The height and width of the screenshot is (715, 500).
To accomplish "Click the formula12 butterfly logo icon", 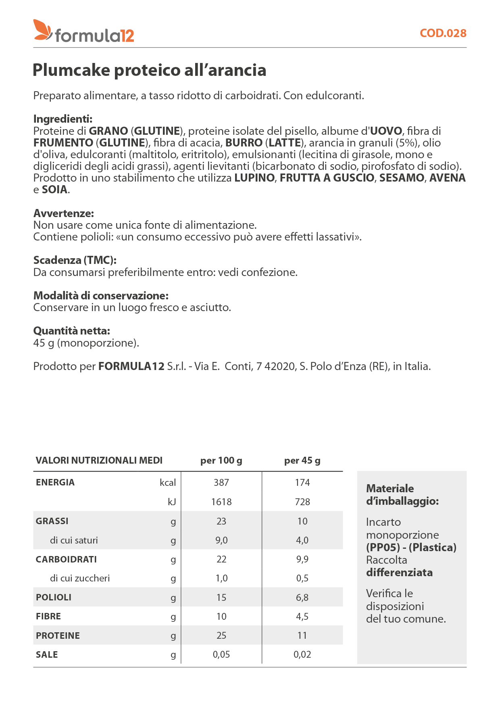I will click(42, 30).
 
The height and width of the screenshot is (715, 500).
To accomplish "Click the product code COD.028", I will click(443, 33).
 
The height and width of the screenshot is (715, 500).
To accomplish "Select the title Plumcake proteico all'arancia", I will click(149, 70).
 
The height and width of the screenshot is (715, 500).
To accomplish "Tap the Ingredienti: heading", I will click(63, 119).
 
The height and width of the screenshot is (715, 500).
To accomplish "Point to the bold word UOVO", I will click(386, 131).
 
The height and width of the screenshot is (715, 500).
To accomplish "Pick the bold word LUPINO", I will click(254, 178).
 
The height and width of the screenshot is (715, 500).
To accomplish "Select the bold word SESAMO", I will click(402, 178).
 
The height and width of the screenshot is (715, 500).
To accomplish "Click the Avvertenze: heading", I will click(64, 213).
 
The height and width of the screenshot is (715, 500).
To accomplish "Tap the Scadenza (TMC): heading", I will click(75, 260).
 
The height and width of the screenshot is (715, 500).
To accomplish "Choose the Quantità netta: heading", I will click(72, 331).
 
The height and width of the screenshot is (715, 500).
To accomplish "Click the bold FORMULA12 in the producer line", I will click(131, 366).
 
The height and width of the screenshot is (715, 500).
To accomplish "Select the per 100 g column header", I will click(221, 460).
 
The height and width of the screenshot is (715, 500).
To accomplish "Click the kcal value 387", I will click(221, 483).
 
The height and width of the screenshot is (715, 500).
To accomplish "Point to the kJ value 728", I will click(302, 502).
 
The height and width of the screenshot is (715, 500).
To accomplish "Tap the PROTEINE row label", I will click(58, 636).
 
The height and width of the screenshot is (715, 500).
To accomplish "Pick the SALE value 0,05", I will click(221, 654).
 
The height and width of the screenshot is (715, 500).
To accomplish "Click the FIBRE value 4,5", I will click(302, 617).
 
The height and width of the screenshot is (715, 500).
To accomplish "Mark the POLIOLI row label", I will click(54, 598).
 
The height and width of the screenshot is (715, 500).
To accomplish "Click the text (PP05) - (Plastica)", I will click(411, 548).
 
